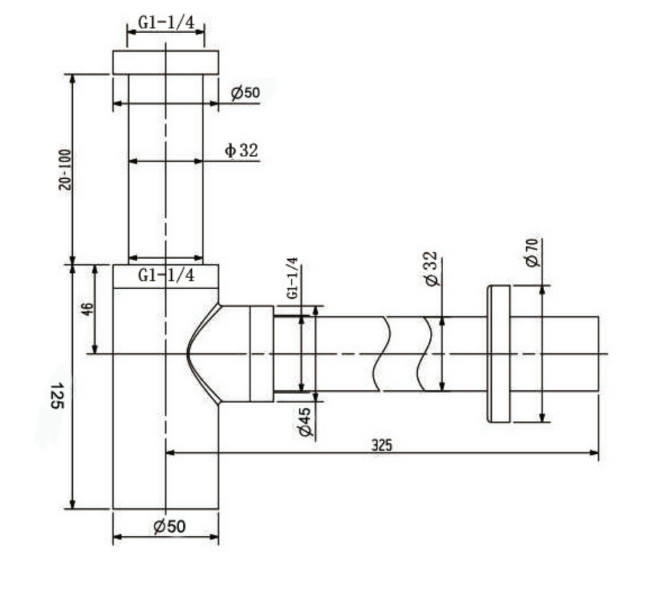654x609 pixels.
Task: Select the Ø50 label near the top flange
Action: (x=245, y=93)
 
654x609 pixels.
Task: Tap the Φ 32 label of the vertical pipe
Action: (x=241, y=151)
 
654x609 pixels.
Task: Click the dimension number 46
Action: (x=88, y=308)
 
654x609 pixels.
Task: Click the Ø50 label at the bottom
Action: (x=169, y=527)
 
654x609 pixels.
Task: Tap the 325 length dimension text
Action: (x=381, y=445)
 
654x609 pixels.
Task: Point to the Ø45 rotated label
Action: (x=305, y=422)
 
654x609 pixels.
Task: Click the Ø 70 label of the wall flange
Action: (x=531, y=253)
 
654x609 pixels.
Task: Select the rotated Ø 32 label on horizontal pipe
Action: (x=432, y=269)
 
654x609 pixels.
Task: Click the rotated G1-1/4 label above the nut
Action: (x=292, y=278)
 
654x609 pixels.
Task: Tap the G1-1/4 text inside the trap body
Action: (x=166, y=276)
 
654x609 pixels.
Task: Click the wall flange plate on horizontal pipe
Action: (x=499, y=354)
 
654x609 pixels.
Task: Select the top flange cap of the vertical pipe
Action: (x=165, y=62)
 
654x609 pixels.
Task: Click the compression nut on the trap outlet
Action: (x=261, y=354)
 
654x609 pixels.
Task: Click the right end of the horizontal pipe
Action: (x=597, y=354)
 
